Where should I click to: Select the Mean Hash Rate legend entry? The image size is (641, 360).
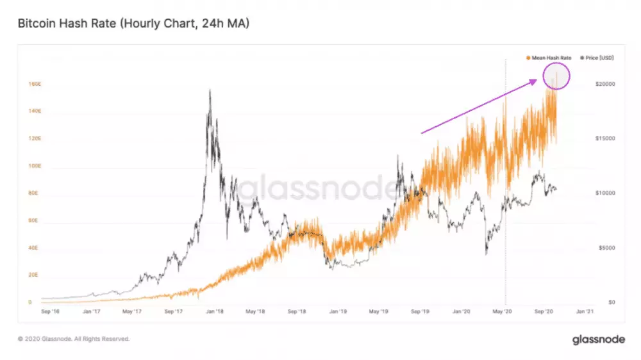(549, 58)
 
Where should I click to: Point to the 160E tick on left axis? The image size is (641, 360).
(35, 84)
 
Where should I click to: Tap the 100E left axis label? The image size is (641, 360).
(35, 166)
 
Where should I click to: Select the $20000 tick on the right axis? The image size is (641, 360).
(605, 84)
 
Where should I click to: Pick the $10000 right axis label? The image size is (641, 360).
(605, 193)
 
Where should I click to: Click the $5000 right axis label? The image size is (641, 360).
(604, 248)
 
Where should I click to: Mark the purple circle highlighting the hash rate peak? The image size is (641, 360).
(556, 76)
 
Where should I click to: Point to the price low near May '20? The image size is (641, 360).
(486, 254)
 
